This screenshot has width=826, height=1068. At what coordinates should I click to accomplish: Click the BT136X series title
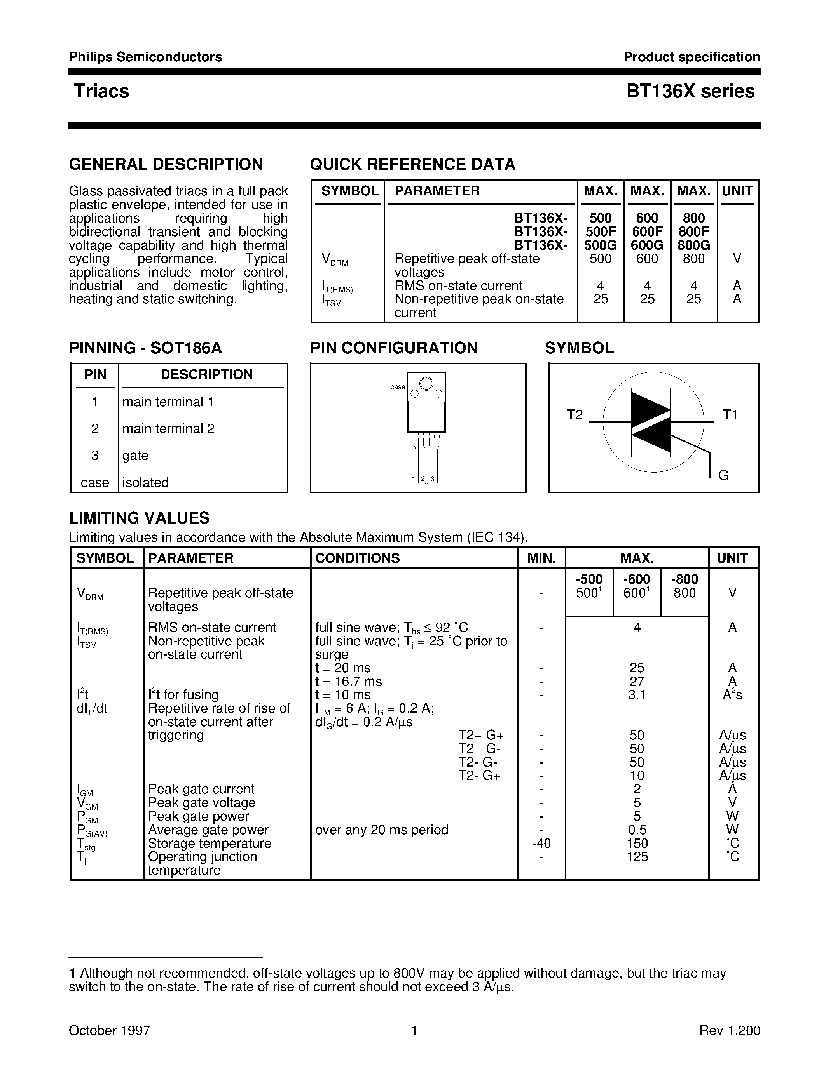coord(690,91)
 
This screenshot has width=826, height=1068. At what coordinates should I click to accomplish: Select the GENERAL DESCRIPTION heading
coord(166,164)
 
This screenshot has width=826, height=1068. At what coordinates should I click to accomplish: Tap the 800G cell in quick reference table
coord(693,245)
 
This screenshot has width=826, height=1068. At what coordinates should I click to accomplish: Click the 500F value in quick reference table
coord(601,231)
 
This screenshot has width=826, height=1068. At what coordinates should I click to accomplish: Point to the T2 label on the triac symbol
coord(575,415)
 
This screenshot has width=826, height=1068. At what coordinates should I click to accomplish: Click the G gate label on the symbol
coord(723,475)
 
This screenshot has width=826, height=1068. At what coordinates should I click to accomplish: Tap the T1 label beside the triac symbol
coord(730,415)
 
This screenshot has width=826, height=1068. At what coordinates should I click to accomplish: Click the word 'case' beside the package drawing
coord(397,387)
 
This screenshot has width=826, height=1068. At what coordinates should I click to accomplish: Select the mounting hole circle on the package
coord(426,383)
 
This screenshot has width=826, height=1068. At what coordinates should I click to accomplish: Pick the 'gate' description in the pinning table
coord(135,455)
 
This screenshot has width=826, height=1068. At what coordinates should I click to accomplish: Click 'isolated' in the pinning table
coord(145,483)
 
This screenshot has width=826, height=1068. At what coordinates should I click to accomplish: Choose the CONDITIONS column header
coord(357,558)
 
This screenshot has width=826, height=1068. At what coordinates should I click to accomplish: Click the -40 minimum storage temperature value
coord(541,843)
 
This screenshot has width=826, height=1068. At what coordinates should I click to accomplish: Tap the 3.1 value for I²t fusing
coord(637,694)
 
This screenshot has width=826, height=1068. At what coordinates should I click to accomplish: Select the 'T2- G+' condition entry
coord(479,776)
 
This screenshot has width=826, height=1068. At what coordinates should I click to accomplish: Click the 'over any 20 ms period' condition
coord(382,830)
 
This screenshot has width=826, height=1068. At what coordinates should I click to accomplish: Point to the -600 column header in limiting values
coord(637,579)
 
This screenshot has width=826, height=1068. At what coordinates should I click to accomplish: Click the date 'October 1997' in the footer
coord(109,1030)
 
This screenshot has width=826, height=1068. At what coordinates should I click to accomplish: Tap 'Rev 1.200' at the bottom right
coord(730,1030)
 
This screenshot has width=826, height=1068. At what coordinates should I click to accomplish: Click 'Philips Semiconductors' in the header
coord(145,57)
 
